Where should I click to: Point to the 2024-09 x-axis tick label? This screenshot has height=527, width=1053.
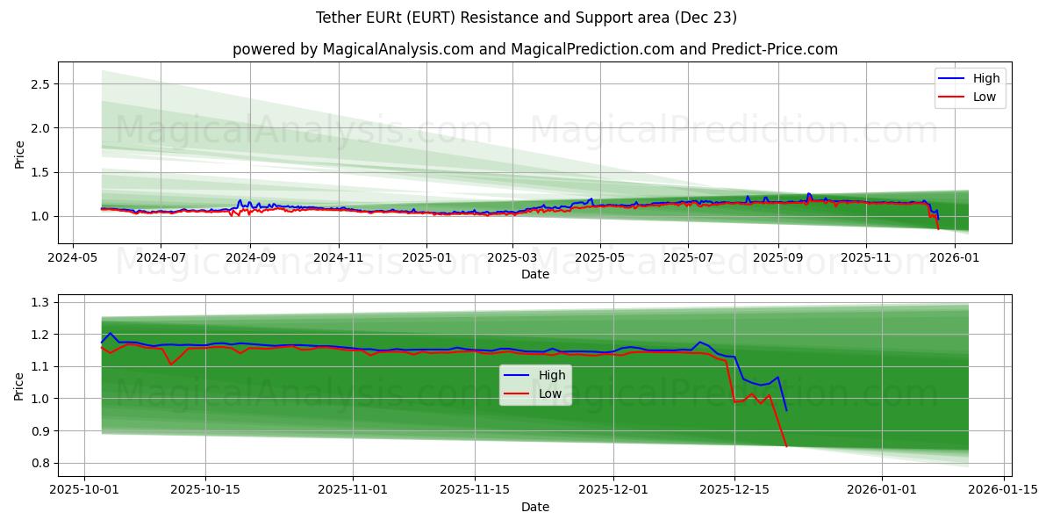tap(250, 259)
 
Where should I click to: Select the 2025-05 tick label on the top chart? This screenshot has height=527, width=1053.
tap(600, 259)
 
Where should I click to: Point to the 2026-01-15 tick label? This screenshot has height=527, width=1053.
tap(1003, 490)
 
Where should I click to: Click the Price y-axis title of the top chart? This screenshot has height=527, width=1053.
tap(19, 155)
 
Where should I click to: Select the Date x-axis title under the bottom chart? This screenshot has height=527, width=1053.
tap(534, 507)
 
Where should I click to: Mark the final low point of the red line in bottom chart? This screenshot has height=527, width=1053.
tap(786, 446)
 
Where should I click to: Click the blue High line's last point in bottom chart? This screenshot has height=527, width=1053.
tap(786, 410)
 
